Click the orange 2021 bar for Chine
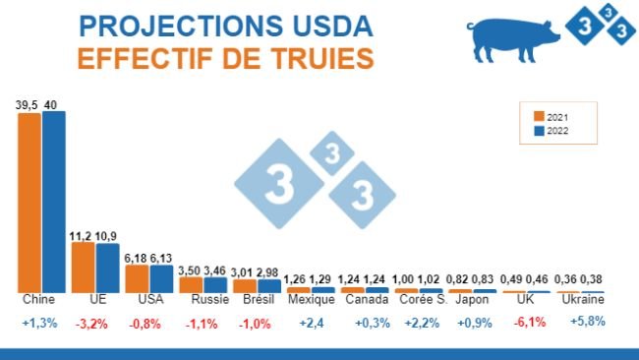point(29,202)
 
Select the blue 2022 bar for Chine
point(53,201)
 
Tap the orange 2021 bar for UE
point(83,267)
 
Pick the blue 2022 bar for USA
point(161,278)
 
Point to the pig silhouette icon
point(514,36)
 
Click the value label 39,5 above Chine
point(28,103)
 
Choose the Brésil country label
point(257,299)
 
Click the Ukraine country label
point(582,299)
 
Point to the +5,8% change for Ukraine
point(587,322)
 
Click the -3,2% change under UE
point(92,323)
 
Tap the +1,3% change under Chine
point(37,323)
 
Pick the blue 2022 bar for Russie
point(215,285)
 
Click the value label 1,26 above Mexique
point(296,279)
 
